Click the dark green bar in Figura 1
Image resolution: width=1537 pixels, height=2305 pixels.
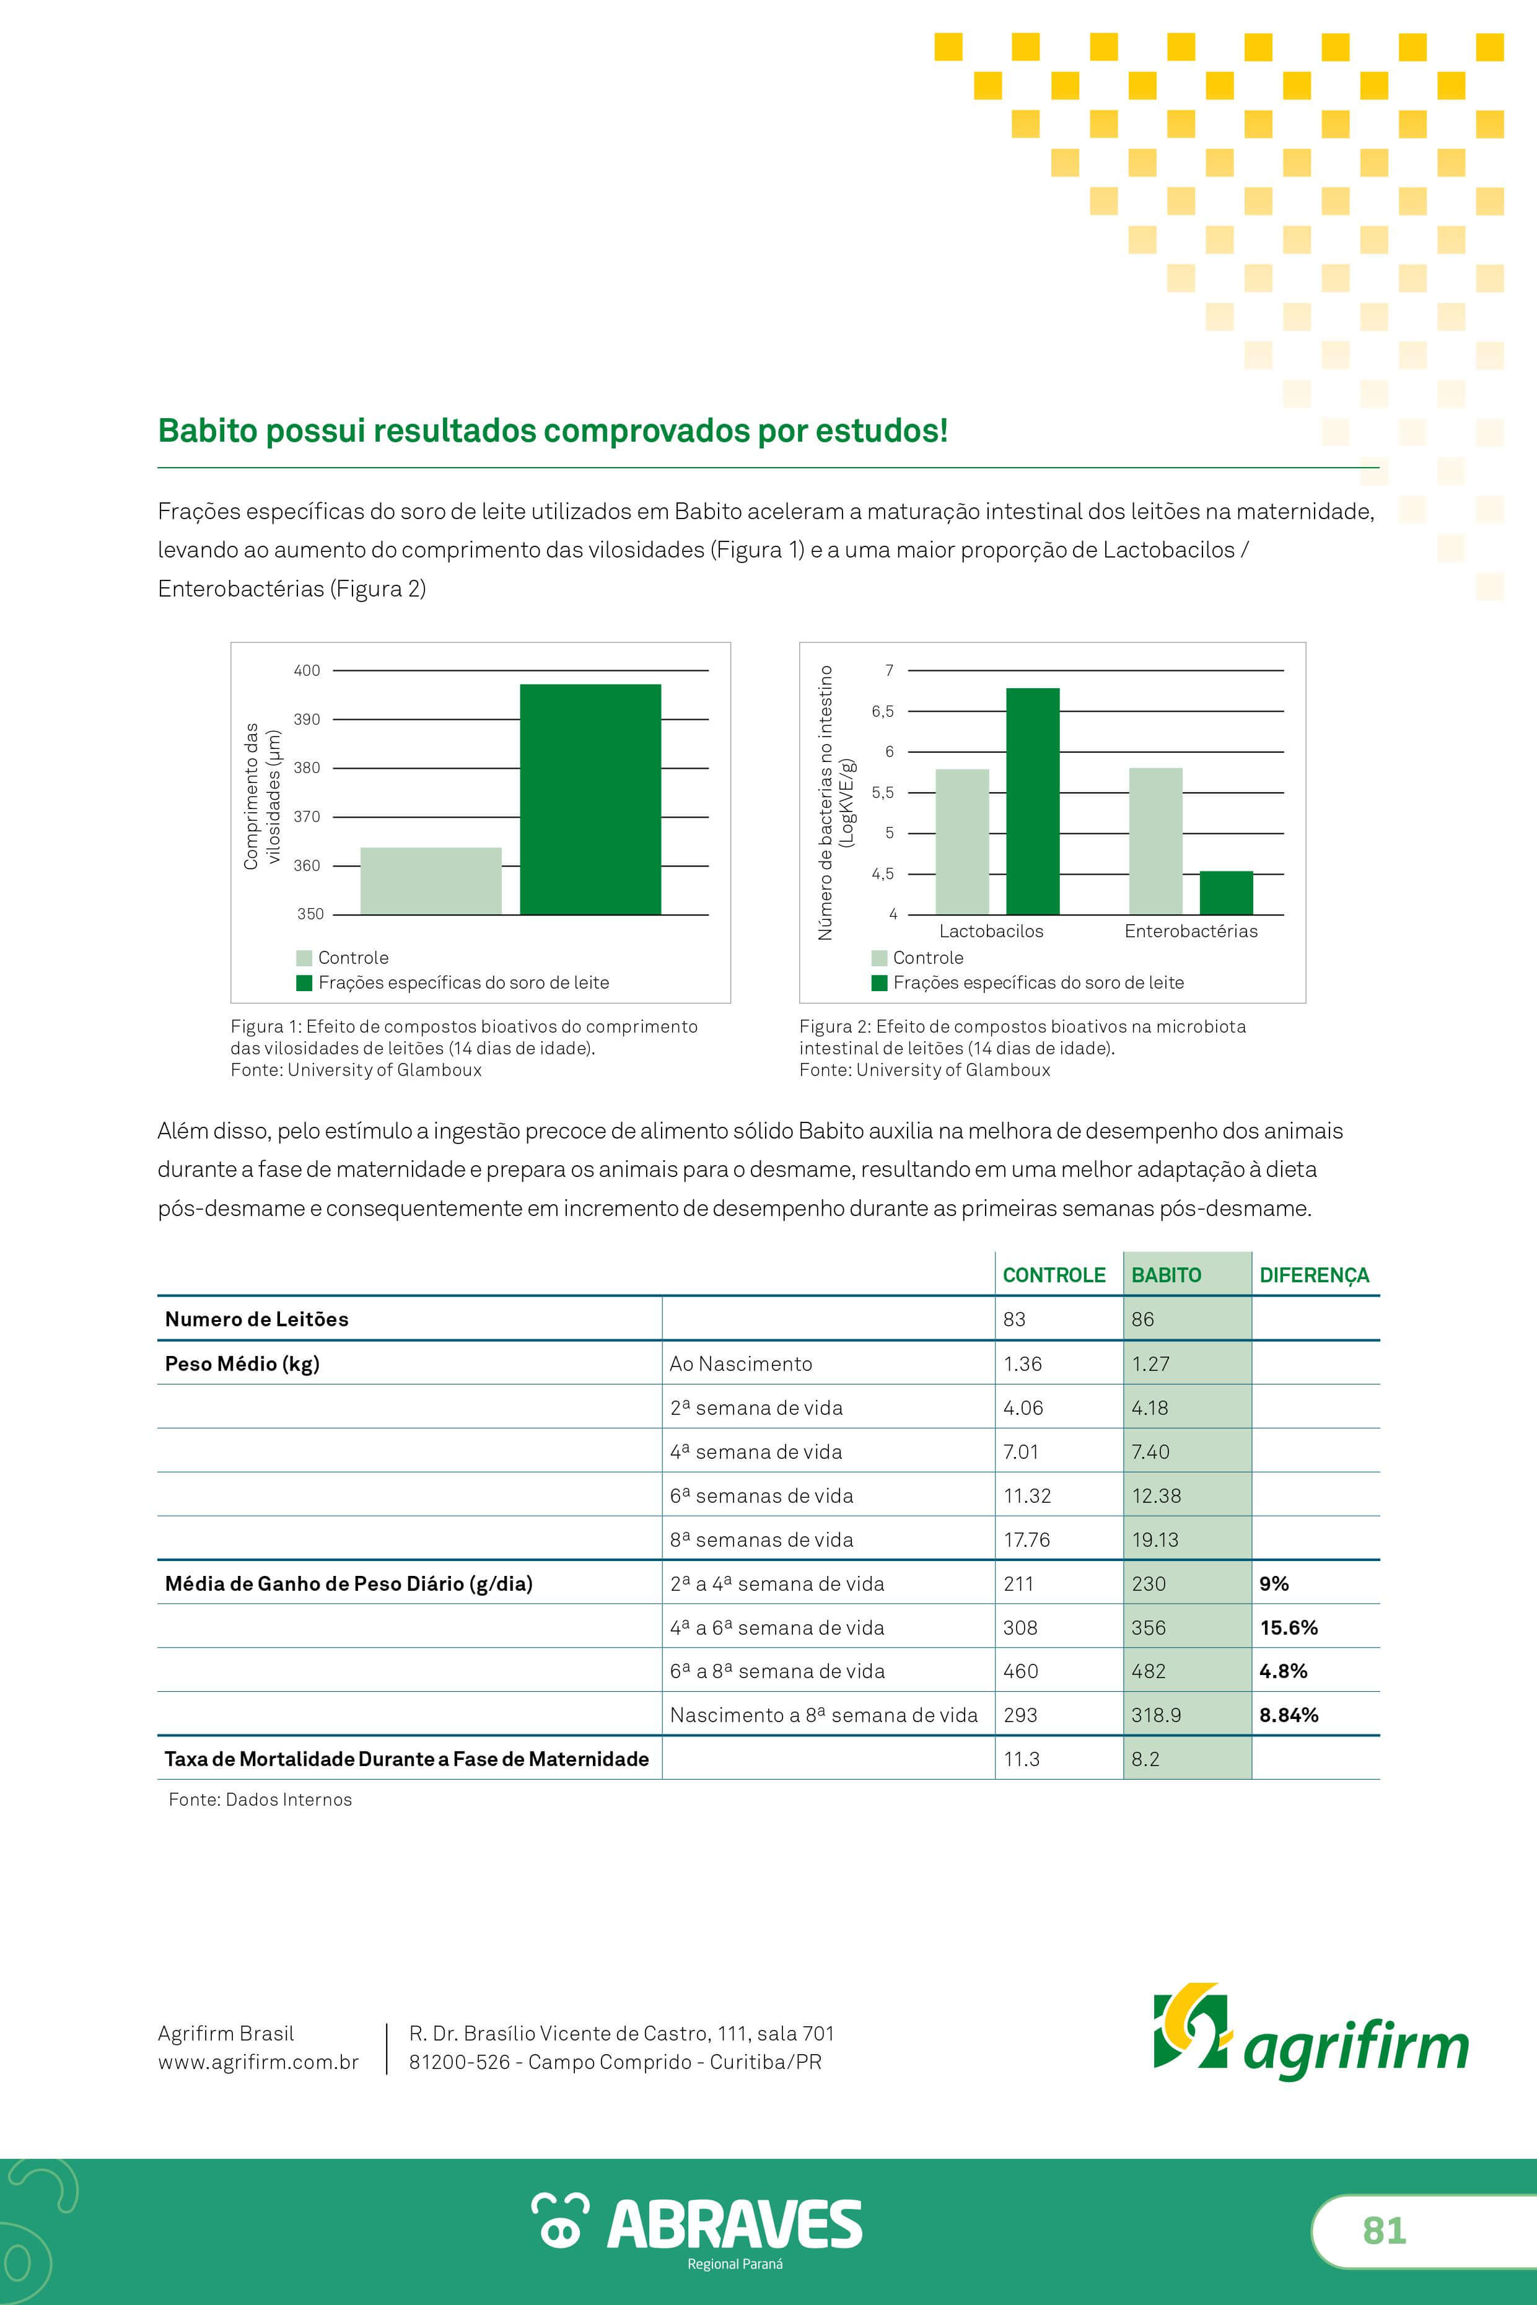click(x=590, y=798)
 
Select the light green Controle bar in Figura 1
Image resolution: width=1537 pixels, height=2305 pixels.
click(x=431, y=881)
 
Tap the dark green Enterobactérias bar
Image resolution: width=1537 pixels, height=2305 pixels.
click(x=1226, y=893)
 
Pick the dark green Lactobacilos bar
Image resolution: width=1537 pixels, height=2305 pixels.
click(x=1033, y=801)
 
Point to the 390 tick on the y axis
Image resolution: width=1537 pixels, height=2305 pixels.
click(x=307, y=719)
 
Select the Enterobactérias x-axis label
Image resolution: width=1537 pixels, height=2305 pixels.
click(x=1191, y=931)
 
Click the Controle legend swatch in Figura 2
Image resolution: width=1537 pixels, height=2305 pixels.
click(x=879, y=958)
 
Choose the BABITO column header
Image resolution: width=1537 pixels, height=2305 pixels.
click(x=1167, y=1275)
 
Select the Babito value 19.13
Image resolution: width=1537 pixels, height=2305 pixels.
click(x=1155, y=1539)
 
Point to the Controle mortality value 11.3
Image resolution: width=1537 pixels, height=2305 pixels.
click(x=1022, y=1759)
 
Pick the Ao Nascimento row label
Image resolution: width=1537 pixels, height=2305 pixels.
click(x=741, y=1364)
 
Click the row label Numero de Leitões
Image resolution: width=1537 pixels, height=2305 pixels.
click(x=257, y=1319)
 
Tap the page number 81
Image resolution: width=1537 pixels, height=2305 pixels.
click(x=1384, y=2231)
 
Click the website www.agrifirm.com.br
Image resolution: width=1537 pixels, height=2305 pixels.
click(x=259, y=2062)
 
